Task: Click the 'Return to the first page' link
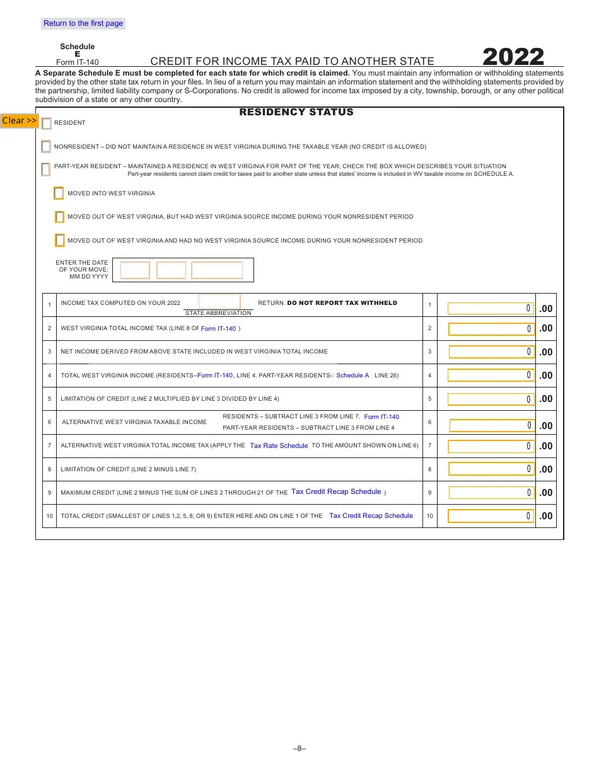pos(83,23)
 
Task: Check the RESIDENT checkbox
pos(47,123)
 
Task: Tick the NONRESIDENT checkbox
pos(46,147)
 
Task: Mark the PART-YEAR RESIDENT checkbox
pos(45,169)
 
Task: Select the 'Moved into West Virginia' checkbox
pos(59,193)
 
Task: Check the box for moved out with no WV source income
pos(59,240)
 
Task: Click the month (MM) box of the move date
pos(135,270)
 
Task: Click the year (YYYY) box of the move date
pos(217,270)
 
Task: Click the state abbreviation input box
pos(219,302)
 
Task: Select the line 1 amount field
pos(491,308)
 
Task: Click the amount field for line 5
pos(491,399)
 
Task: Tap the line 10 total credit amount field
pos(491,516)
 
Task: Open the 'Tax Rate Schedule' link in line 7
pos(279,445)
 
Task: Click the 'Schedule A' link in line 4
pos(352,376)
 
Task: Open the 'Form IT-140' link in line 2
pos(218,329)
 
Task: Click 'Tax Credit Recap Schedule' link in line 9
pos(336,492)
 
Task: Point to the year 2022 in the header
pos(513,57)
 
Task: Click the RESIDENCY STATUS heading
pos(296,112)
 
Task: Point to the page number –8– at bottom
pos(299,749)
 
